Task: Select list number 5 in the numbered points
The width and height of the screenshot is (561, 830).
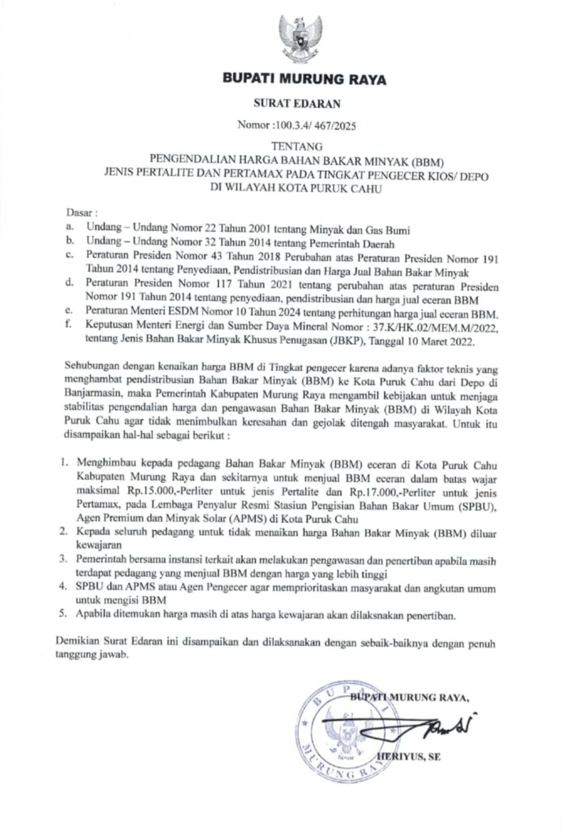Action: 63,615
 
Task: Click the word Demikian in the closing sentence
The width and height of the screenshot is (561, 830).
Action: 77,641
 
